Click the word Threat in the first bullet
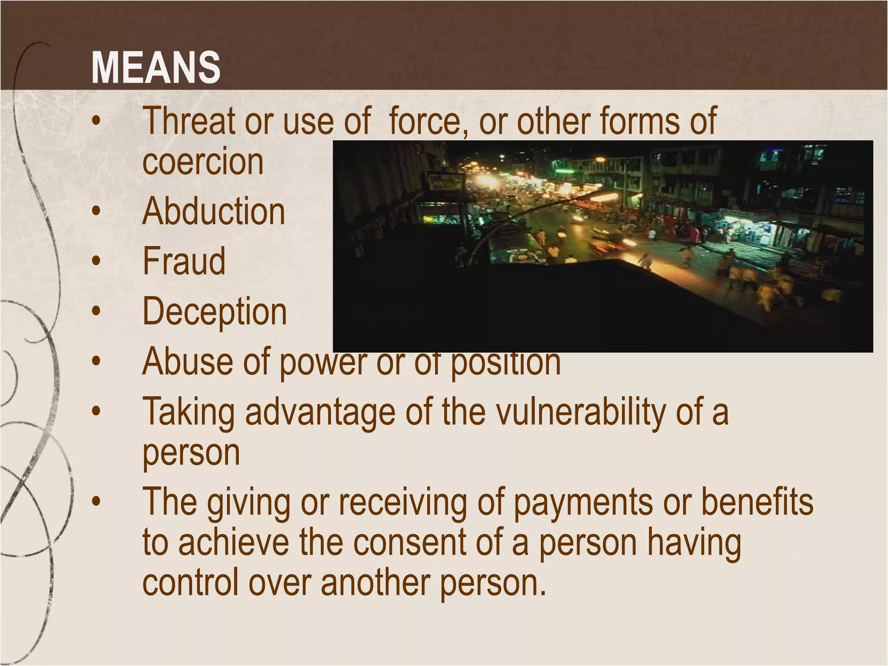coord(189,121)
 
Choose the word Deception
coord(215,312)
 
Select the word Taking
coord(189,412)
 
